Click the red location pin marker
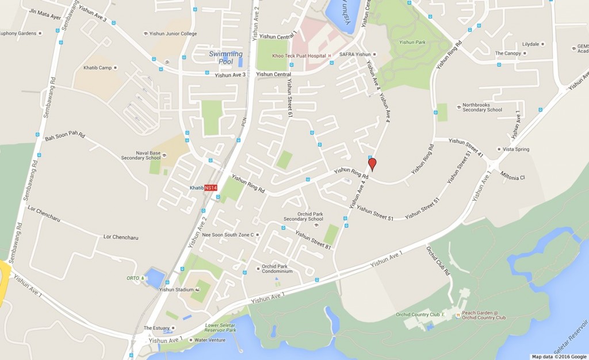[372, 164]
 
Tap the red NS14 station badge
[211, 188]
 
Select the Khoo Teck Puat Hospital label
[310, 56]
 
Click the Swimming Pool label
[225, 58]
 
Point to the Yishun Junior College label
[173, 34]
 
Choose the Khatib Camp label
[97, 67]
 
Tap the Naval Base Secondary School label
[140, 156]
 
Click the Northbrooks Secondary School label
[483, 108]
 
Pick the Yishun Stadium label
[177, 289]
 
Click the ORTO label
[133, 278]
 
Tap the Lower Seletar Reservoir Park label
[220, 328]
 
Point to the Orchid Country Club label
[418, 315]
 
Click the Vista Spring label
[516, 149]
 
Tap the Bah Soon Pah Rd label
[64, 138]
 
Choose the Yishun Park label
[412, 42]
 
